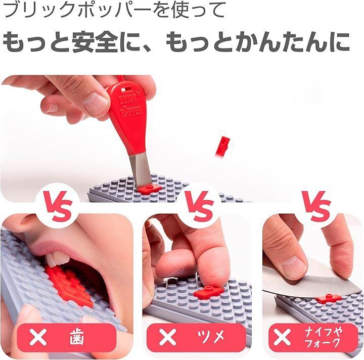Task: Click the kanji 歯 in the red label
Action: (x=77, y=337)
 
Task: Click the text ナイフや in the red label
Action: (x=324, y=332)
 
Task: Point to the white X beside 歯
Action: (x=38, y=337)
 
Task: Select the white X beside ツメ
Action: (x=167, y=337)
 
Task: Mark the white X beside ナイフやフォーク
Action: (x=282, y=337)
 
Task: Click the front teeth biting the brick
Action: (x=56, y=258)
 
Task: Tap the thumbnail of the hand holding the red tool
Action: (x=95, y=103)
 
